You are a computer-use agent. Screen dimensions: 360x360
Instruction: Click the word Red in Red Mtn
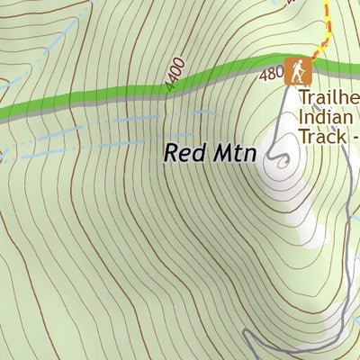(182, 153)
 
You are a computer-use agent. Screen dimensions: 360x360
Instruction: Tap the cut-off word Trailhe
(329, 95)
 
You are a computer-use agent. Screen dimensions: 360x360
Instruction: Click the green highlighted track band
(108, 95)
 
